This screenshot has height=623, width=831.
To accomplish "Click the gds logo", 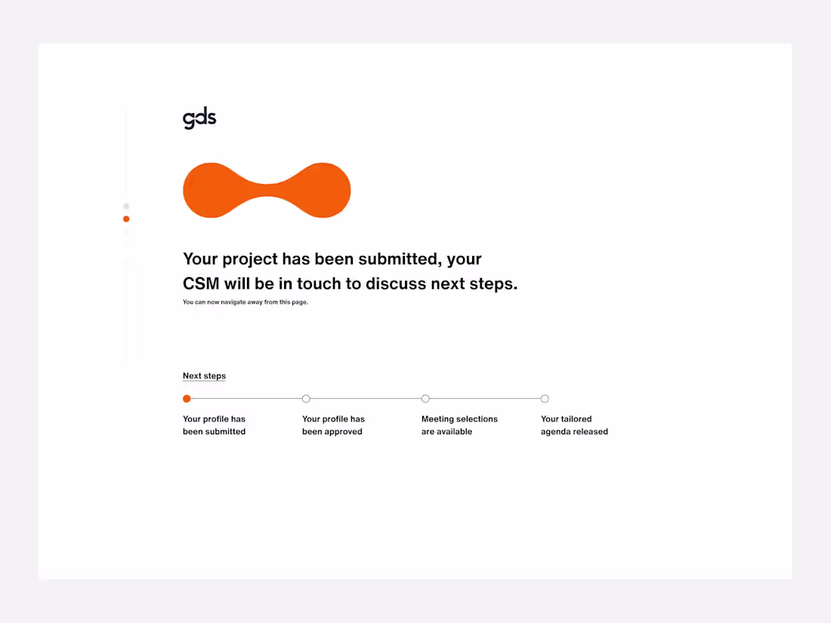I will click(199, 119).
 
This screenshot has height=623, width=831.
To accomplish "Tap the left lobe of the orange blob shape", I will click(212, 190).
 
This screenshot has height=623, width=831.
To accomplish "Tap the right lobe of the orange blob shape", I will click(322, 190).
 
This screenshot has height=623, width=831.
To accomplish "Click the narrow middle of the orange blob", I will click(267, 190).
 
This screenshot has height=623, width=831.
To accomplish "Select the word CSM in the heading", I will click(201, 285).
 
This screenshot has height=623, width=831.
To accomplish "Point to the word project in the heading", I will click(249, 260).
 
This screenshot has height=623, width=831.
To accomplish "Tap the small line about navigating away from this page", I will click(246, 302).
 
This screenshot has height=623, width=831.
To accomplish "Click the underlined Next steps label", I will click(204, 376).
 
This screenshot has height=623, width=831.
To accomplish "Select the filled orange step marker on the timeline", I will click(187, 399).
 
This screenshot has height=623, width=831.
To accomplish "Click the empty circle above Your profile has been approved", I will click(306, 399).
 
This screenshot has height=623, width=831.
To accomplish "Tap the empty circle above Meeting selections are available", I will click(425, 399).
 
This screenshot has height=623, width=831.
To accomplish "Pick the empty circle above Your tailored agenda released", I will click(545, 399).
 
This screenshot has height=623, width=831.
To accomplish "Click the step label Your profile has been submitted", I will click(214, 425).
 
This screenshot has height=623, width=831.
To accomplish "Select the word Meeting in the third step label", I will click(438, 419).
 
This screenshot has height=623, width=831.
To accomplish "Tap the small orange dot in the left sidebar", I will click(126, 219).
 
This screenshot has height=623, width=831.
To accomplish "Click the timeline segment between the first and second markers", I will click(246, 399).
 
